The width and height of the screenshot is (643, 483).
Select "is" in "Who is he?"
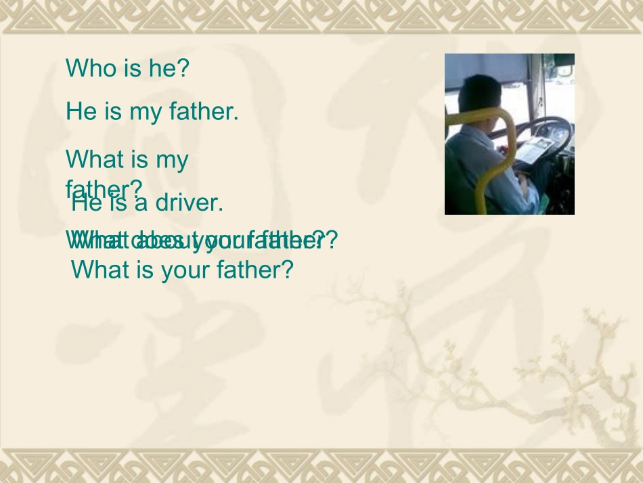point(129,68)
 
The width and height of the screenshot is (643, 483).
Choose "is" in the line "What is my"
point(139,160)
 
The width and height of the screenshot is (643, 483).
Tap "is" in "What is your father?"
point(144,270)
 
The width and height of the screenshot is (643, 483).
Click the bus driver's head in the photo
point(481,95)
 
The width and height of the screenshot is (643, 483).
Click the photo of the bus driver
point(509,134)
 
